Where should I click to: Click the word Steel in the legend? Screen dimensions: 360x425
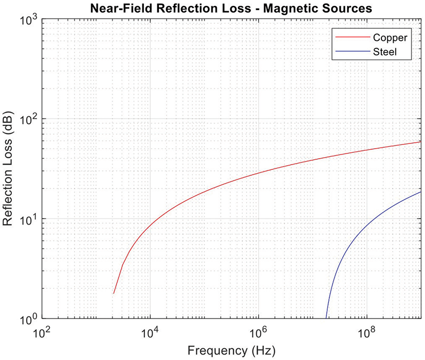(385, 52)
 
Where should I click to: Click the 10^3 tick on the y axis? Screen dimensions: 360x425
(27, 19)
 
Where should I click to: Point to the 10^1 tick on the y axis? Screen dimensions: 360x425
(27, 219)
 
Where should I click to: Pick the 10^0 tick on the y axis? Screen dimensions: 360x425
(27, 319)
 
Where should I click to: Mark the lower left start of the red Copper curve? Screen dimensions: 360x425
(114, 293)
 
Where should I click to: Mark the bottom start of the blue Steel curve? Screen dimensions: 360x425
(326, 318)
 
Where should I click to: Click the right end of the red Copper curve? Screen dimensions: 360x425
(421, 142)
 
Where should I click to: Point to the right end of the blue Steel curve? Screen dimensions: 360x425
(421, 192)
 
